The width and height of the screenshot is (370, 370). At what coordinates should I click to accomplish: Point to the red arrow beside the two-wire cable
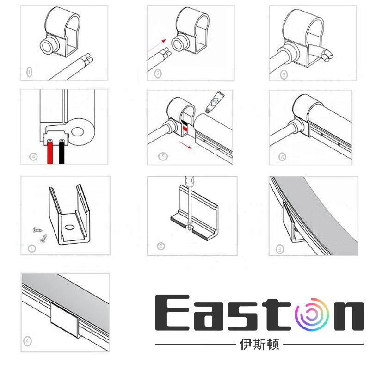(156, 45)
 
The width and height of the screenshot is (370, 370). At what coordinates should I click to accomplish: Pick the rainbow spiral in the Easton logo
(315, 314)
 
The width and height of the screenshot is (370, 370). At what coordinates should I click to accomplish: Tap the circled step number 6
(283, 157)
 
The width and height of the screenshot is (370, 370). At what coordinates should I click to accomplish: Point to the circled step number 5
(163, 156)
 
